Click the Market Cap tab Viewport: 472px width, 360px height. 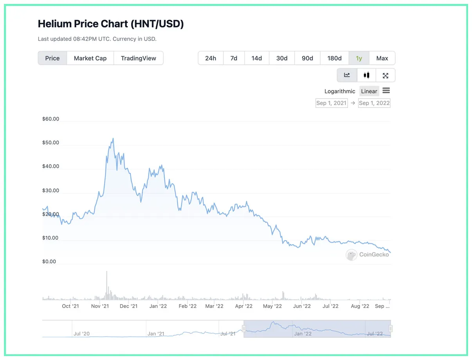90,58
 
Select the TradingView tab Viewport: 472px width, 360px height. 138,58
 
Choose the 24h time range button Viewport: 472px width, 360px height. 211,58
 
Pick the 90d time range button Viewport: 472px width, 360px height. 307,58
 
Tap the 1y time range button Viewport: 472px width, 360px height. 359,58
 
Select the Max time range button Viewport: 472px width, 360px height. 382,58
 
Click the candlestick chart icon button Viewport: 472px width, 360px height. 366,75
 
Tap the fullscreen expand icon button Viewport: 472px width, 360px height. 386,75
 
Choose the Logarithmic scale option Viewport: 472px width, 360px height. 340,91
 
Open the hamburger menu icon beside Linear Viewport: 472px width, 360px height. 386,91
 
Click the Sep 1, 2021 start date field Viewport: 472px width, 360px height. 331,103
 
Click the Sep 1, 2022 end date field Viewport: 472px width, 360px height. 374,103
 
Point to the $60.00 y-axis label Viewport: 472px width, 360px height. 51,119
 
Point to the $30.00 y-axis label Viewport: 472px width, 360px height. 51,191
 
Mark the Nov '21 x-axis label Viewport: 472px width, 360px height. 100,306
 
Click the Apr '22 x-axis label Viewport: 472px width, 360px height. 243,306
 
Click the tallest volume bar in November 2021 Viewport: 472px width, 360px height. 106,286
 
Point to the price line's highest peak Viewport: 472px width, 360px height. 113,138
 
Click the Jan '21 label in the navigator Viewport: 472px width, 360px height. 156,334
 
